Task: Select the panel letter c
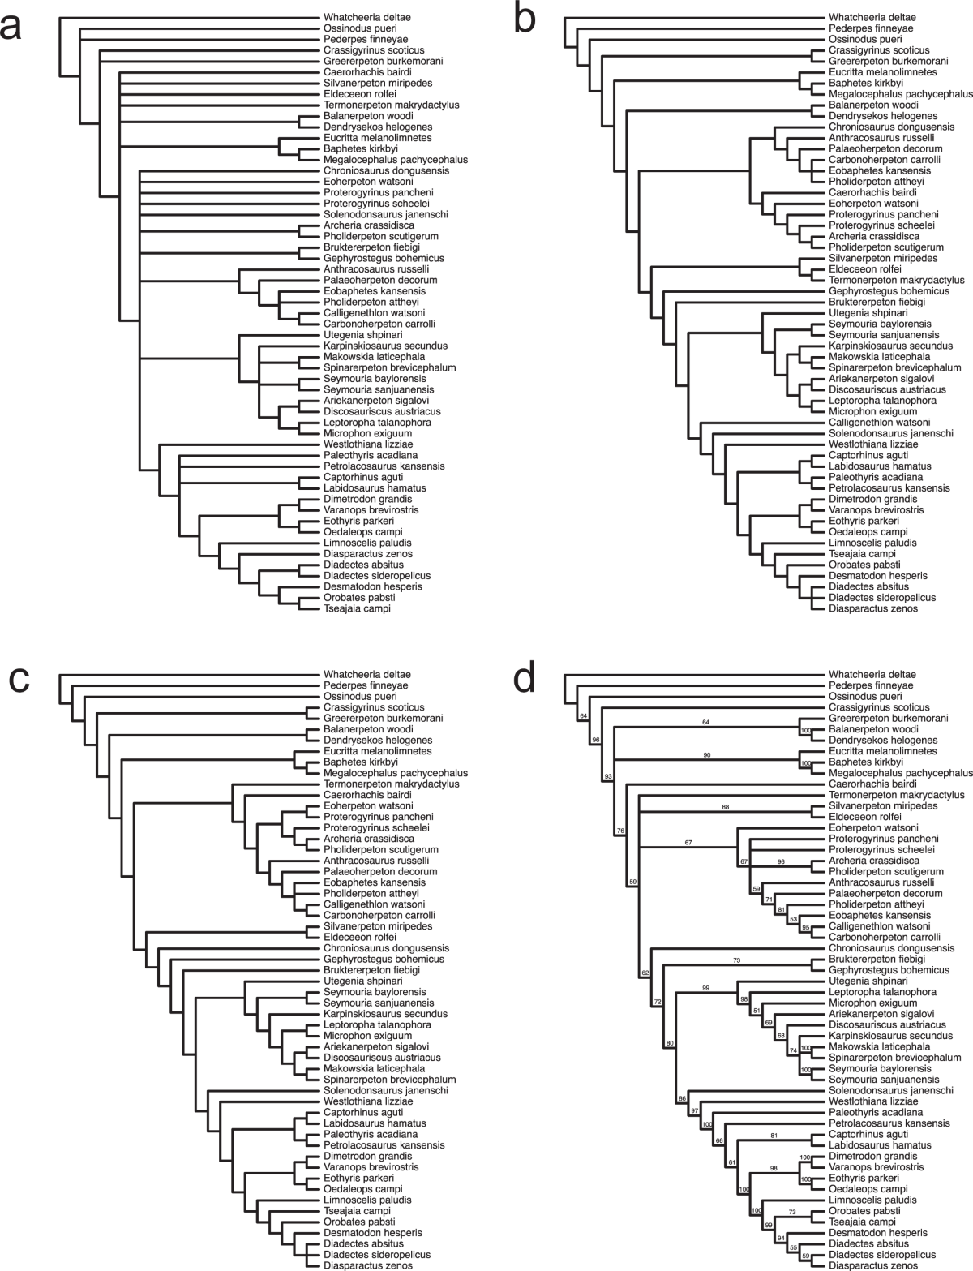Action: click(19, 680)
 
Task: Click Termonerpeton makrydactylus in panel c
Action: click(391, 784)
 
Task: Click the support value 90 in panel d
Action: click(706, 755)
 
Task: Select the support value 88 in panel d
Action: click(725, 807)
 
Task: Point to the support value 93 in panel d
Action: click(607, 778)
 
